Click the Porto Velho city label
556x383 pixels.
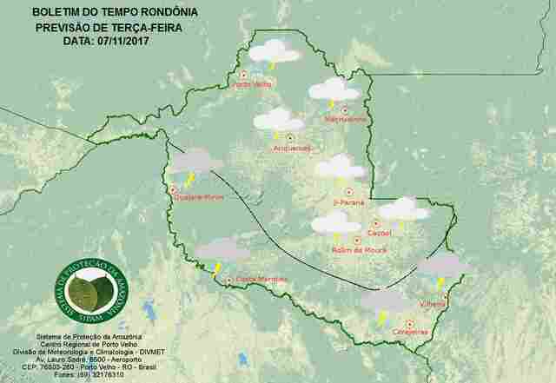tap(254, 84)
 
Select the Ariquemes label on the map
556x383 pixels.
tap(291, 148)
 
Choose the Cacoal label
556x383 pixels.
tap(380, 233)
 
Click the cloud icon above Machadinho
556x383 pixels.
tap(334, 90)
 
